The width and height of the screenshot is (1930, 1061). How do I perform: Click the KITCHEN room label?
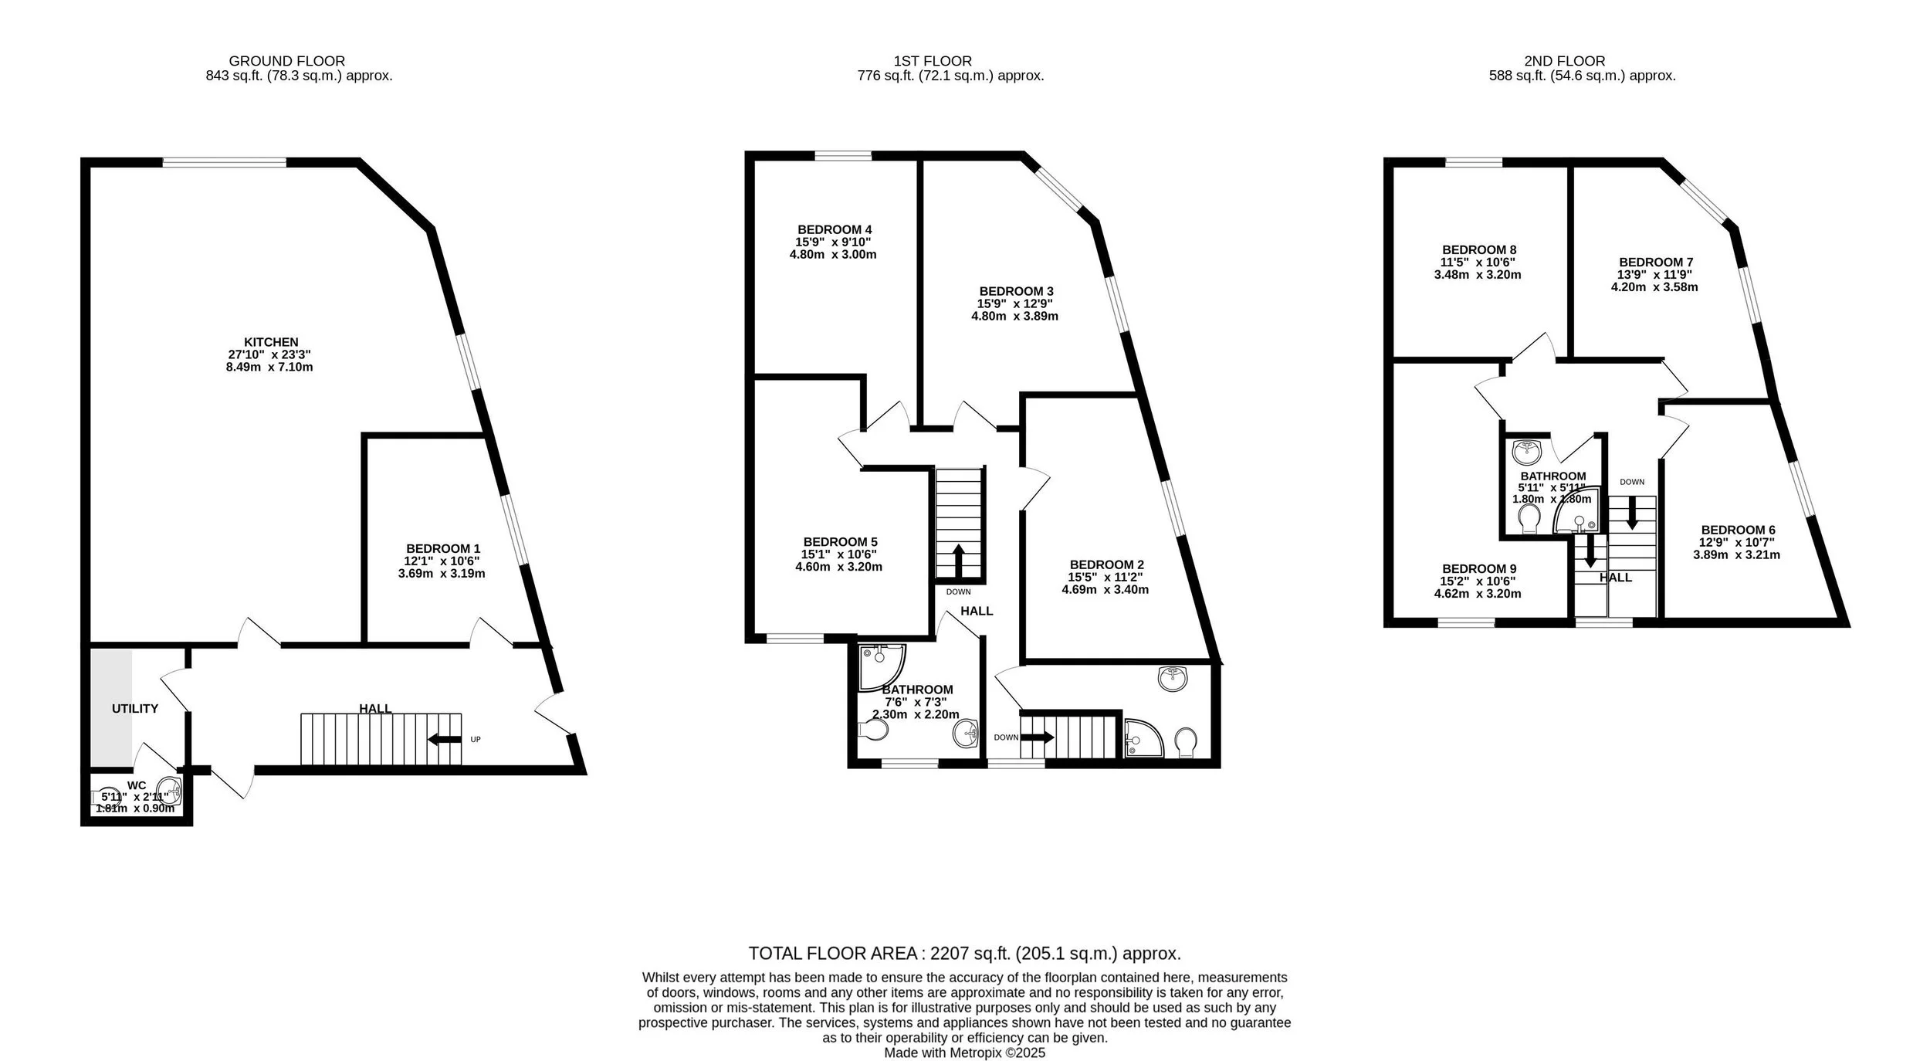[271, 342]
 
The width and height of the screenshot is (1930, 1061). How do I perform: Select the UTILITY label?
[135, 708]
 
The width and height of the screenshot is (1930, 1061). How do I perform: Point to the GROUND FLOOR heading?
[286, 61]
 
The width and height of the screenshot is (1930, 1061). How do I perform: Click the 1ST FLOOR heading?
[933, 61]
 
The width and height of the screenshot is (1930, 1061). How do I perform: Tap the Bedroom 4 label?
[835, 229]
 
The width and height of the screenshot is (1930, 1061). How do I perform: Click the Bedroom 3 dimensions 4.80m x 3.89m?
[1014, 316]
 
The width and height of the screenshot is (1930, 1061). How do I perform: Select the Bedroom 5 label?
[840, 542]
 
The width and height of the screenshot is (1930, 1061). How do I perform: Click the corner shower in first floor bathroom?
[880, 667]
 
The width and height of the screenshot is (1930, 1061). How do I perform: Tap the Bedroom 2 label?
[1106, 564]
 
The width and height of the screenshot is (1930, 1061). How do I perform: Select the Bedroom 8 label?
[1479, 249]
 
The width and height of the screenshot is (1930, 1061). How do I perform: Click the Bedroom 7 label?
[1656, 262]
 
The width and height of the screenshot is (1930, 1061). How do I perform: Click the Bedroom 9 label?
[1479, 568]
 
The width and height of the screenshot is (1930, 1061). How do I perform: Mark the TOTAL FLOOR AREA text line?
[964, 953]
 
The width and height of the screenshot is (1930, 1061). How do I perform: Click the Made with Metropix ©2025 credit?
[964, 1053]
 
